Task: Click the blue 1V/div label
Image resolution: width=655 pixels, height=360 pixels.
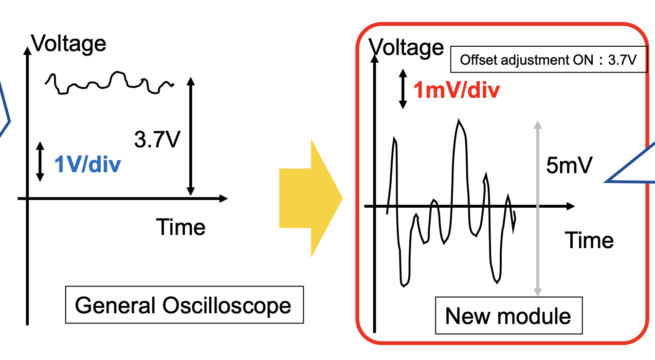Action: [87, 165]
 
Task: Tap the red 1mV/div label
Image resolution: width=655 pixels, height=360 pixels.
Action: [456, 90]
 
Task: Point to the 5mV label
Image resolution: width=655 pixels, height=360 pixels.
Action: [569, 166]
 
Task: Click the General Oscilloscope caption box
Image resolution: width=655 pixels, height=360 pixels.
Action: [184, 305]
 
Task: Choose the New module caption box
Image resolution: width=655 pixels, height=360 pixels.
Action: [508, 316]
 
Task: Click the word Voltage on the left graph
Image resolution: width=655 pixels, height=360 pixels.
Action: [69, 43]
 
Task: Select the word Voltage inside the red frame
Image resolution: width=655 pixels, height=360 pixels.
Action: [407, 47]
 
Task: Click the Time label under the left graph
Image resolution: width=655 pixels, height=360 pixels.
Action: [181, 227]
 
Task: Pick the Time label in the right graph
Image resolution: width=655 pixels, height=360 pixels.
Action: [589, 240]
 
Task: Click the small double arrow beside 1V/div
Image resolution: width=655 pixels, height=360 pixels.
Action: [40, 162]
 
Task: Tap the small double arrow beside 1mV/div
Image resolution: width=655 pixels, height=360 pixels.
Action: [402, 89]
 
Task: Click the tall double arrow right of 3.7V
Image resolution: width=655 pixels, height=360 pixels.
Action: [191, 136]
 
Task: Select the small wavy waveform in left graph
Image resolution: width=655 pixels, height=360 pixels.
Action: [109, 82]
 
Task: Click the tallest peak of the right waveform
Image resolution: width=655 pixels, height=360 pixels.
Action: [458, 122]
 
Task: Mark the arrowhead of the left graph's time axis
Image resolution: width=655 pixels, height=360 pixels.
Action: [223, 198]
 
